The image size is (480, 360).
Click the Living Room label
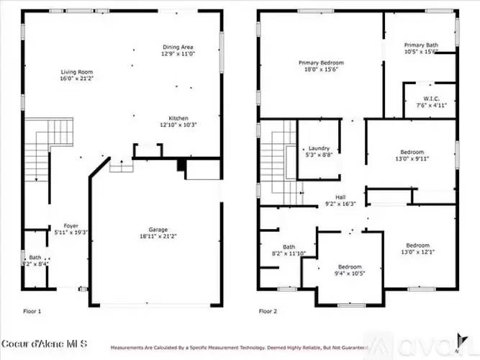click(x=74, y=73)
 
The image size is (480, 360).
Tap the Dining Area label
click(x=176, y=48)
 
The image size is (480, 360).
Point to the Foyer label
click(x=71, y=225)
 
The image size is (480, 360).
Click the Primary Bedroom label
click(x=321, y=63)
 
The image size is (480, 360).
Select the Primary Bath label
click(x=421, y=45)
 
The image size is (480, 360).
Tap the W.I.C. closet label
click(x=431, y=99)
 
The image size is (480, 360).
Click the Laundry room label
click(x=319, y=148)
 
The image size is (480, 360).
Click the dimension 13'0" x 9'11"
click(x=412, y=159)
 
